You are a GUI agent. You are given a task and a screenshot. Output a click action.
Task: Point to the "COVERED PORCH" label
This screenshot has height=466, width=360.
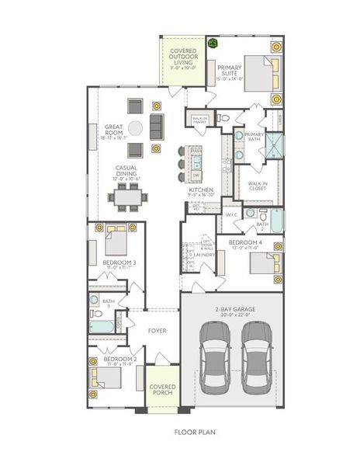[x=162, y=388]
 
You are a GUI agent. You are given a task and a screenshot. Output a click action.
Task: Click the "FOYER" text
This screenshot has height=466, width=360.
[x=158, y=331]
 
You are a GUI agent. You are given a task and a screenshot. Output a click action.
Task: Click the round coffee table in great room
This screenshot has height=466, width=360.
[x=135, y=127]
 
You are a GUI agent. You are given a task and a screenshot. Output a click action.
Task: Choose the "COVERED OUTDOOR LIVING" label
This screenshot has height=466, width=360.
[x=183, y=57]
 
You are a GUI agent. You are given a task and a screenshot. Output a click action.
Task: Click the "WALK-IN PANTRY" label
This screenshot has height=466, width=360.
[x=199, y=120]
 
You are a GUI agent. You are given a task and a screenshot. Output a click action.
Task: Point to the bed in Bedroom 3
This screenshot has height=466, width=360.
[x=116, y=242]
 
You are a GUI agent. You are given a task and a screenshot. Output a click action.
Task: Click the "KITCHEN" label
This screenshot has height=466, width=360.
[x=200, y=190]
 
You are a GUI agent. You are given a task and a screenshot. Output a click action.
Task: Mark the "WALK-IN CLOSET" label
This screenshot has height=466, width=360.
[x=258, y=186]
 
